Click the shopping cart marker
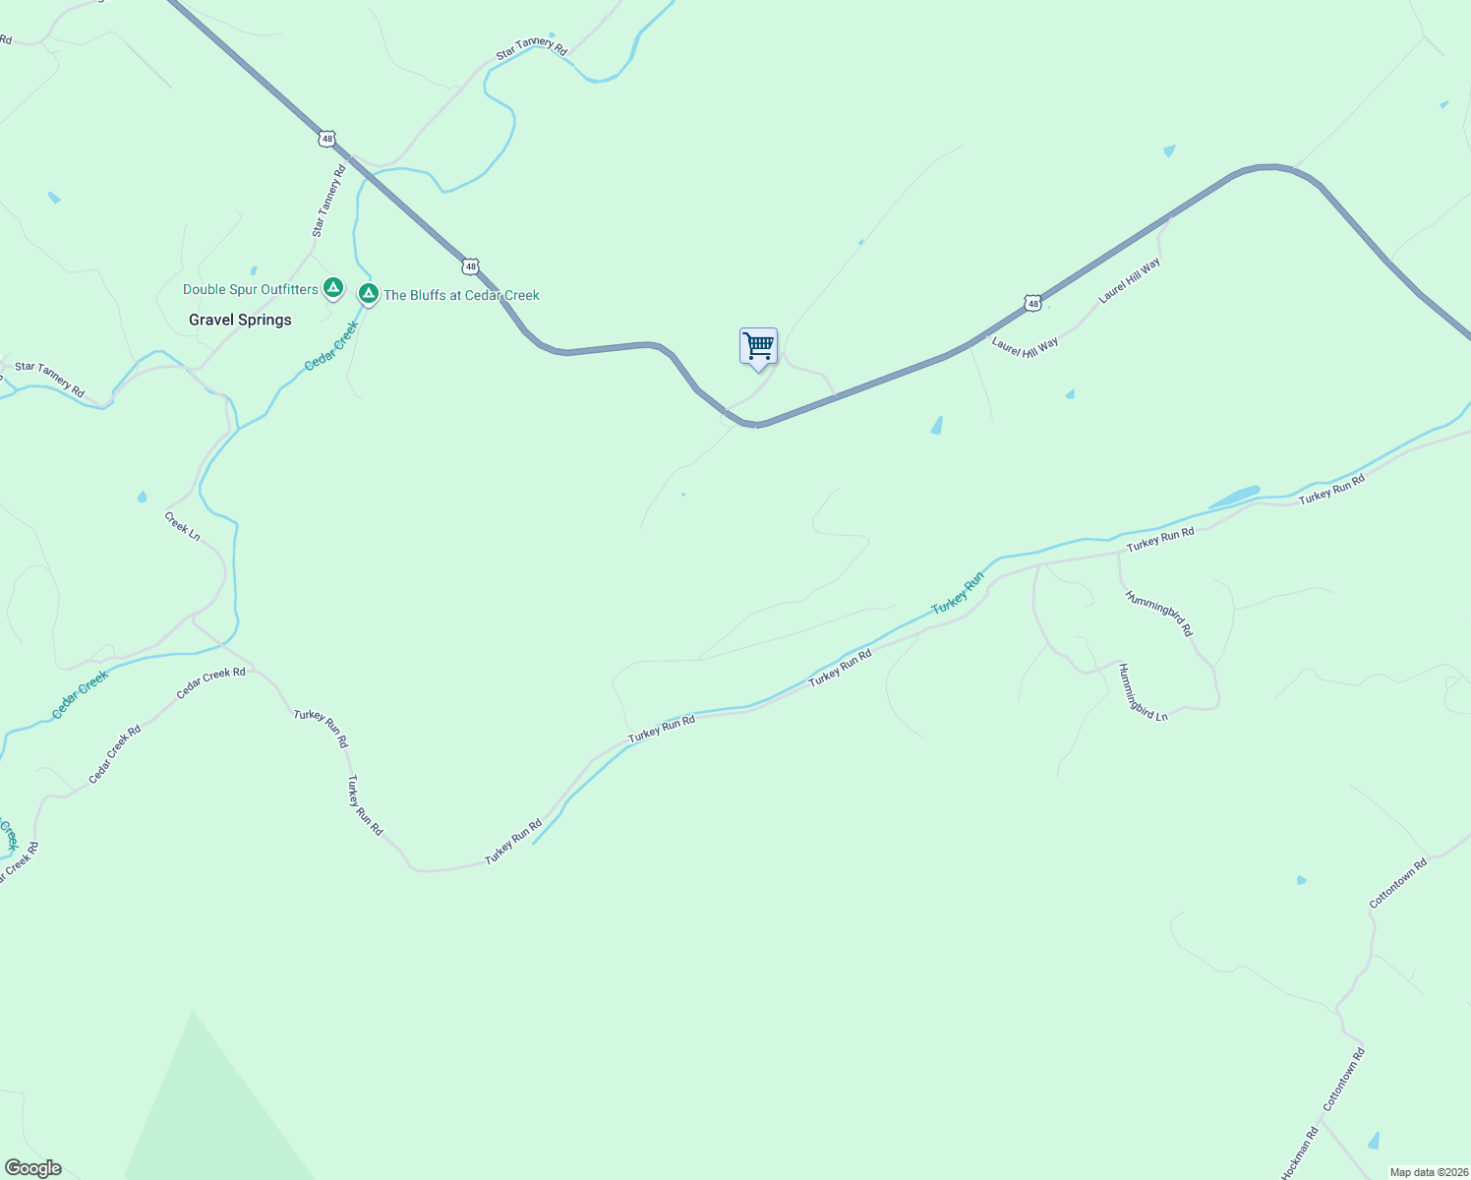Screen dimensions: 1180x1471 pyautogui.click(x=758, y=347)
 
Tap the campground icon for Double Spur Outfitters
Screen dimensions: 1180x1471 pyautogui.click(x=333, y=288)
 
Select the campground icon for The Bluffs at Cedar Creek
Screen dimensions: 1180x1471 pyautogui.click(x=368, y=293)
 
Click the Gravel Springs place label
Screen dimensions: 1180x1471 pyautogui.click(x=240, y=320)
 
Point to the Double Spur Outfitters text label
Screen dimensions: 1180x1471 pyautogui.click(x=251, y=289)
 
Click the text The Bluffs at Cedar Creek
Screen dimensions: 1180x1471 pyautogui.click(x=461, y=295)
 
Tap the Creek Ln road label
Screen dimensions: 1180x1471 pyautogui.click(x=182, y=526)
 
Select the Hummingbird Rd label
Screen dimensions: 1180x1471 pyautogui.click(x=1158, y=614)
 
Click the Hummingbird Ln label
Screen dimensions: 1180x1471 pyautogui.click(x=1143, y=692)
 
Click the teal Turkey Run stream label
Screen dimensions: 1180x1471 pyautogui.click(x=957, y=592)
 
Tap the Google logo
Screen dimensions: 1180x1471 pyautogui.click(x=33, y=1168)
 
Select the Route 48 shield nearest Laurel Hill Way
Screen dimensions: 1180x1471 pyautogui.click(x=1031, y=304)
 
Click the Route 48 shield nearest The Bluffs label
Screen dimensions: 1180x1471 pyautogui.click(x=471, y=266)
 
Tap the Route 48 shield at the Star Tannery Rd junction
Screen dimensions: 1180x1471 pyautogui.click(x=326, y=139)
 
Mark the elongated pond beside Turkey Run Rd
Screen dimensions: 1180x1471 pyautogui.click(x=1235, y=498)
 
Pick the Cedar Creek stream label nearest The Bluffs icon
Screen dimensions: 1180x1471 pyautogui.click(x=331, y=346)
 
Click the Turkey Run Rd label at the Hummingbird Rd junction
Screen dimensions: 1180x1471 pyautogui.click(x=1160, y=538)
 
